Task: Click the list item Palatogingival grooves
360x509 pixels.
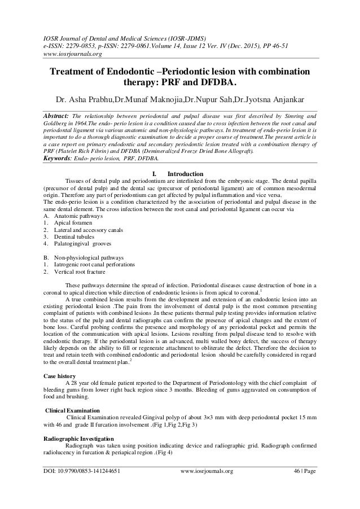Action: click(83, 245)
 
